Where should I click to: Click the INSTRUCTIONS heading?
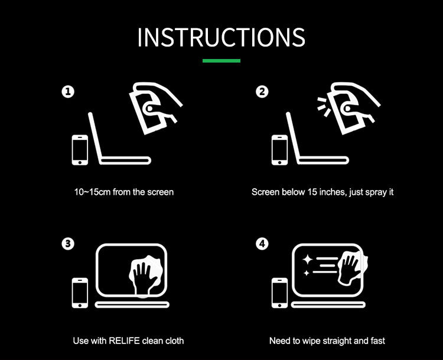221,37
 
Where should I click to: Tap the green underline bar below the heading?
221,61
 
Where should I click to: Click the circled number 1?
68,91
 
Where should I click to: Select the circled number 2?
262,91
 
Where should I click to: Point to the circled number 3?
68,244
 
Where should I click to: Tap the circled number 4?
262,244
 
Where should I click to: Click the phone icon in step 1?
80,150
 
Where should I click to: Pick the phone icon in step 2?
280,150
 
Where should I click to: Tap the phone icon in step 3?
80,293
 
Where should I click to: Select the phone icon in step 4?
280,293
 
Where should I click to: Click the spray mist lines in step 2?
324,107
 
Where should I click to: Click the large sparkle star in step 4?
307,259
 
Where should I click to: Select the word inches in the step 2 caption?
332,192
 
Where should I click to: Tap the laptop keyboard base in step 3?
132,305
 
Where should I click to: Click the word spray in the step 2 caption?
376,192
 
